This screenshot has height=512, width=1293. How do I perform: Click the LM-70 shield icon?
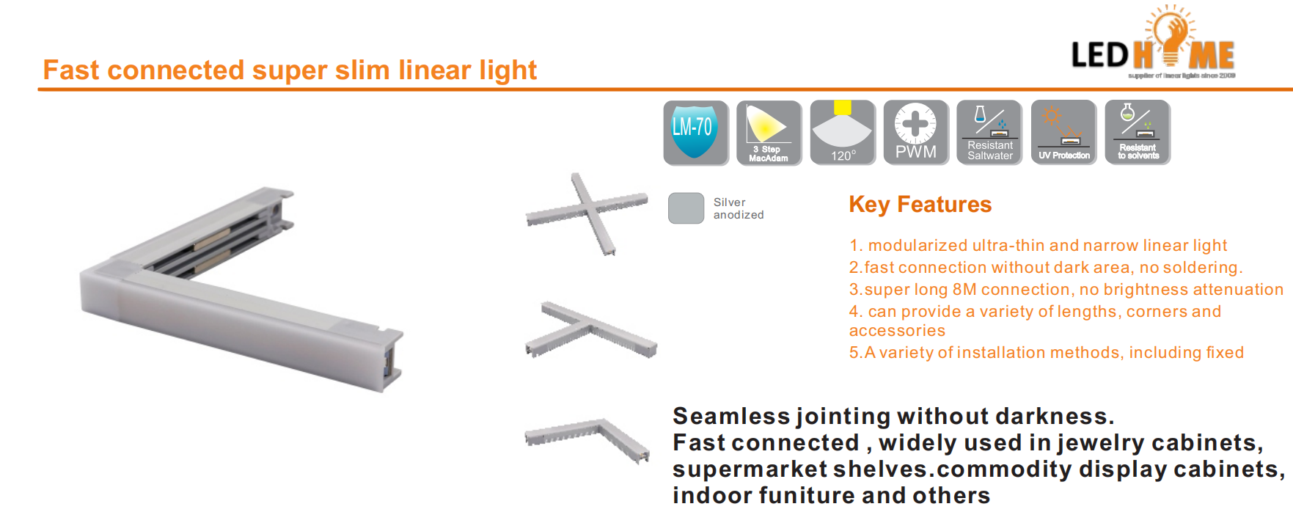(696, 133)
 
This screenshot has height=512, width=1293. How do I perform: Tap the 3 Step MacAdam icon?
(769, 133)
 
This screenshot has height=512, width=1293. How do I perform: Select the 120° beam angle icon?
(843, 133)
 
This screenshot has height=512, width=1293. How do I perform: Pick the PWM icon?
(916, 133)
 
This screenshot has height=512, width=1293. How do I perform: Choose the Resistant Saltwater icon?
(989, 133)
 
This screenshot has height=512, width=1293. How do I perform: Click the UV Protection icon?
(1063, 133)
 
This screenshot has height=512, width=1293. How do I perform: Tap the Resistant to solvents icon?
(1138, 133)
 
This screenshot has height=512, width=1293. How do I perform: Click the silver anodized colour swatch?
(686, 208)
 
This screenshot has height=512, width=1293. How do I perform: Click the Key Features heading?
(920, 205)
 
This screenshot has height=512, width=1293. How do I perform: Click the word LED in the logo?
(1100, 55)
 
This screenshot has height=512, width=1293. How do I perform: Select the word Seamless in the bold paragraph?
(731, 416)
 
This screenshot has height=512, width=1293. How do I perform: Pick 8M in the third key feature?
(964, 289)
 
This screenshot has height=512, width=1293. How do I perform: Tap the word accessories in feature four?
(897, 331)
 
